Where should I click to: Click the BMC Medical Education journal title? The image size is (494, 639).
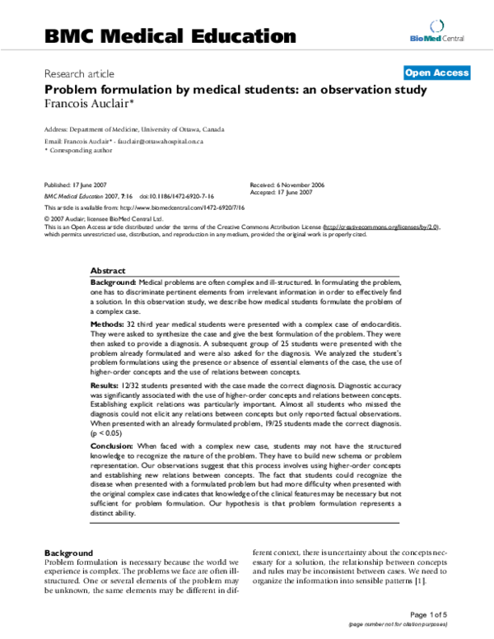169,35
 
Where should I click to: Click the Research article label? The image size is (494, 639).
79,72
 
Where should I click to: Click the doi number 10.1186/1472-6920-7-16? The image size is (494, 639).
177,198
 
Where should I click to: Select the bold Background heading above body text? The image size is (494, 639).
69,551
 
